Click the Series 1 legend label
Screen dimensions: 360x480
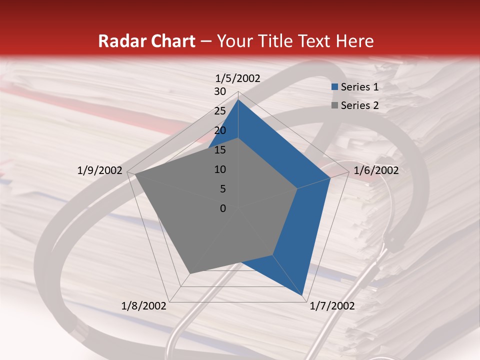[359, 87]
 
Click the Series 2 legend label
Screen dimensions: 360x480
[359, 105]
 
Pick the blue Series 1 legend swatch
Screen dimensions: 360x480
[334, 87]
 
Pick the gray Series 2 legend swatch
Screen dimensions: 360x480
[334, 105]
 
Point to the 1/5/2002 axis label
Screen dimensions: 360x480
[238, 78]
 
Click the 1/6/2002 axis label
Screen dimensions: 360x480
[376, 170]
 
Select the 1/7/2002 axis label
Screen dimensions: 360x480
[332, 306]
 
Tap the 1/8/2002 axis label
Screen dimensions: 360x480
[144, 306]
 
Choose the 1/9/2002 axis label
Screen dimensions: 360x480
[100, 170]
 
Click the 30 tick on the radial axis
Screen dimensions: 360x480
[220, 91]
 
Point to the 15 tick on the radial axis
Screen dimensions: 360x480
[220, 150]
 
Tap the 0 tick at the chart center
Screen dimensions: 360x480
[223, 208]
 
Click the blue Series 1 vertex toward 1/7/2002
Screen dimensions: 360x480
[303, 296]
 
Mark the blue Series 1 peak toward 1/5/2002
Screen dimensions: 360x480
[238, 100]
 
